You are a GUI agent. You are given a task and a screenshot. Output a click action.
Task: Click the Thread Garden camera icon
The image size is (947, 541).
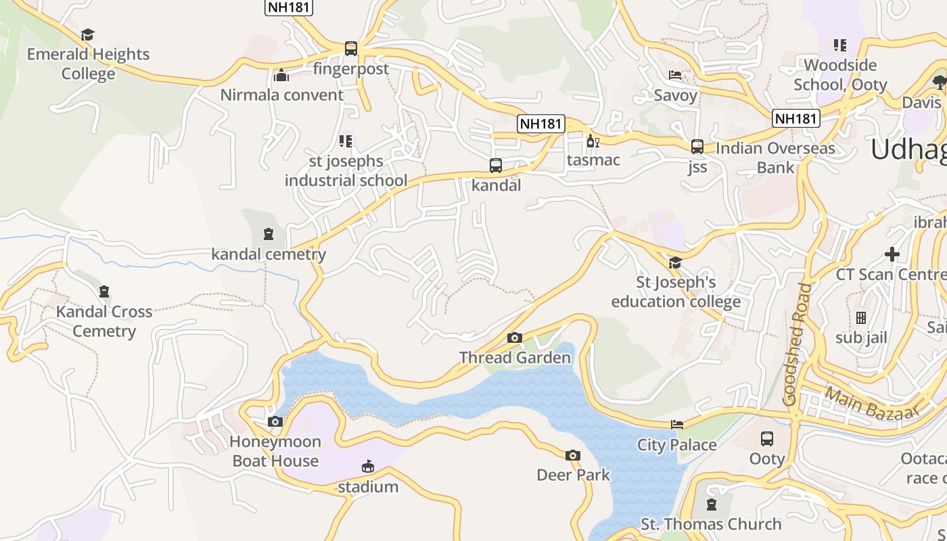click(x=515, y=337)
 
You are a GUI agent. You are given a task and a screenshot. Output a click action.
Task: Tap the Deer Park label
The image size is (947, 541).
click(x=573, y=475)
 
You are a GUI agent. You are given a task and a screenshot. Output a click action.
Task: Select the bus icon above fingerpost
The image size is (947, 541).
click(x=350, y=49)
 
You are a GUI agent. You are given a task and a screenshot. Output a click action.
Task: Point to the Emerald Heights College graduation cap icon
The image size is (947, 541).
click(x=88, y=34)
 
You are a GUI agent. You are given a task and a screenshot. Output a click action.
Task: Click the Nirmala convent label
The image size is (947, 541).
click(x=281, y=95)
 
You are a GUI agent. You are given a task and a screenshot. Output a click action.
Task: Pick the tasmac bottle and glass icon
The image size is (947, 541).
click(x=593, y=141)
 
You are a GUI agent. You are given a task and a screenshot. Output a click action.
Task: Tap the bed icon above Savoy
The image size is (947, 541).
click(x=675, y=75)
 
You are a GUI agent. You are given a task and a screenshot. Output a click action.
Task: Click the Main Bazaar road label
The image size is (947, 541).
click(x=872, y=404)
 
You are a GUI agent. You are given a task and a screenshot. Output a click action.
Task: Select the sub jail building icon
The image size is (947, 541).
click(x=861, y=317)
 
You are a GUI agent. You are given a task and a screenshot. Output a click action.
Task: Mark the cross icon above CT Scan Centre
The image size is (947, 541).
click(x=892, y=254)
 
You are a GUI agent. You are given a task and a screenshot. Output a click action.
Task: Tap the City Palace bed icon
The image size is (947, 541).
click(x=677, y=425)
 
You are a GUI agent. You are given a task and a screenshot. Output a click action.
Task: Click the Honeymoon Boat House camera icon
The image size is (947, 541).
click(x=275, y=422)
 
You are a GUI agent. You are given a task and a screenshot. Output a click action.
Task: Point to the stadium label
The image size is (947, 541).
click(x=368, y=487)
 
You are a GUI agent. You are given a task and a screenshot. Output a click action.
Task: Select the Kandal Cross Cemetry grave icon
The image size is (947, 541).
click(x=104, y=291)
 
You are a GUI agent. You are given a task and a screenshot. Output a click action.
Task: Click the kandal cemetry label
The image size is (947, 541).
click(x=269, y=254)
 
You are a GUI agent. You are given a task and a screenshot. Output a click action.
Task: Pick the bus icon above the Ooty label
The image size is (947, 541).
click(x=767, y=439)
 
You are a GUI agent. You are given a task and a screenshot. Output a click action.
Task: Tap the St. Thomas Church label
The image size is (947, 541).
click(x=711, y=524)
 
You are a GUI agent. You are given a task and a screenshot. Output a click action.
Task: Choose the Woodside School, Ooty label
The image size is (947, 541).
click(x=840, y=75)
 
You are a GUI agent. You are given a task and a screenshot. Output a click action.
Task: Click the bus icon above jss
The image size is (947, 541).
click(x=697, y=147)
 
